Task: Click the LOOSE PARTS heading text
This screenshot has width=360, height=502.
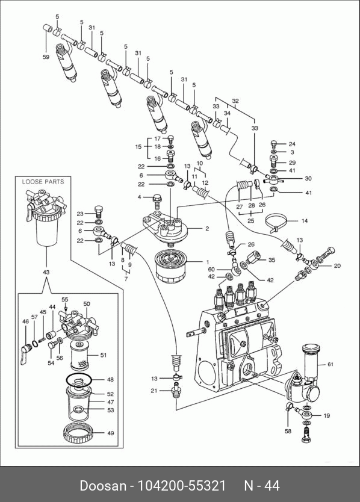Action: [x=43, y=182]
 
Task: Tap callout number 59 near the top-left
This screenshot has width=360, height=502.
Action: [x=46, y=57]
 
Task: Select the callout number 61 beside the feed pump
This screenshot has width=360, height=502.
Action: [x=331, y=364]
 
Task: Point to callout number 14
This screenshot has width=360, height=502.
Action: [x=304, y=220]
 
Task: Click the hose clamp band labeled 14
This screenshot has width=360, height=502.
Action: [x=278, y=223]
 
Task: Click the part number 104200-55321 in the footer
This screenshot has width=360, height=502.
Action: [x=182, y=486]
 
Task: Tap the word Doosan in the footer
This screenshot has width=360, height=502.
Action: [x=103, y=486]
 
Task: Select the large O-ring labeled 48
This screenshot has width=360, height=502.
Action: [x=79, y=380]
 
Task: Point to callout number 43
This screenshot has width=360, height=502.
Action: [x=46, y=272]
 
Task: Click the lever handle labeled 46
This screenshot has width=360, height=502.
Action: [x=25, y=354]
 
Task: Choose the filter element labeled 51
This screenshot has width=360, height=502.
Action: [x=79, y=355]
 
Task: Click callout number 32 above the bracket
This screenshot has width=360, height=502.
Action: [x=235, y=101]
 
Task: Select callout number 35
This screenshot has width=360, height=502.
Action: [x=272, y=260]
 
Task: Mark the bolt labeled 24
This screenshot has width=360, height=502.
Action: [x=274, y=143]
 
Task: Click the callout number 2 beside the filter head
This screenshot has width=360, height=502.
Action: [x=207, y=228]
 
